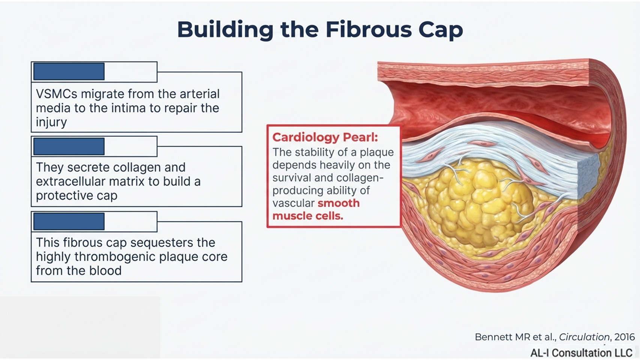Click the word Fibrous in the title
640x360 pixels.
click(x=369, y=30)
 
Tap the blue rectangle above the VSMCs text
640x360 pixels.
click(x=69, y=72)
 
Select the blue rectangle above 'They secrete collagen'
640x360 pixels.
click(x=69, y=146)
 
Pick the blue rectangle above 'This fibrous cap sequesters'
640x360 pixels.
click(x=69, y=221)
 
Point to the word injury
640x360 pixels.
click(x=51, y=122)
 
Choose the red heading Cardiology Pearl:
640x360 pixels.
click(x=325, y=137)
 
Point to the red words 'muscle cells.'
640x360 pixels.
click(x=308, y=216)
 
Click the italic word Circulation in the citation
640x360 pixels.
click(x=584, y=337)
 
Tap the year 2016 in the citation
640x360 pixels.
click(x=624, y=337)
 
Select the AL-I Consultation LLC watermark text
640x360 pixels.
click(x=581, y=353)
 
